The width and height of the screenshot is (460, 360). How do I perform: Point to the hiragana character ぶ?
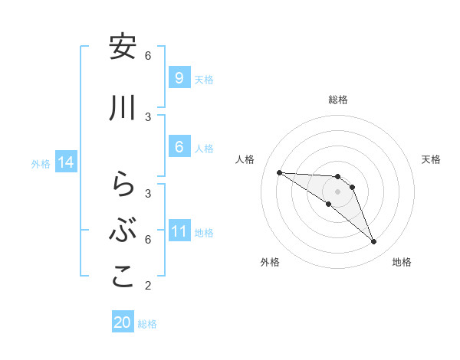coord(123,231)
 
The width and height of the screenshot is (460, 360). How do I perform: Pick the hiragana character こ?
coord(123,277)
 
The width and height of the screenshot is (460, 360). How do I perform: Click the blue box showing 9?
coord(179,77)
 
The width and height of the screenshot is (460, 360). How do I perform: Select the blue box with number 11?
coord(179,231)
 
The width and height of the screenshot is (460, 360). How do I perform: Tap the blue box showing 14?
coord(65,162)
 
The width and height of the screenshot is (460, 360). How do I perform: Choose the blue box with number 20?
coord(123,322)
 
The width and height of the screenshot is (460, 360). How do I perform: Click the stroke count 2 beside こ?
coord(147,286)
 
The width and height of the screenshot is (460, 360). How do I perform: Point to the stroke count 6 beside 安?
coord(148,55)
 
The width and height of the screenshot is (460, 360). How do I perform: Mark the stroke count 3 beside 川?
coord(148,116)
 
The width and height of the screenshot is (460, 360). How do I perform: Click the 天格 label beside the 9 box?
coord(204,79)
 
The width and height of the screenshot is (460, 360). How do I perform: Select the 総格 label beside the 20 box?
coord(148,324)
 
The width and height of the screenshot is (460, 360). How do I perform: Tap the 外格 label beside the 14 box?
coord(41,163)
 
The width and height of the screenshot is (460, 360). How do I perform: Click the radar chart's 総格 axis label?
coord(338,100)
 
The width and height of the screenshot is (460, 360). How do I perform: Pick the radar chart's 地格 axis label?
coord(402,262)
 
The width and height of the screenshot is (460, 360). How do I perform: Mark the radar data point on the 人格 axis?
coord(279,172)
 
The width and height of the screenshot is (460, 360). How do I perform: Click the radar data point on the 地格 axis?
coord(373,242)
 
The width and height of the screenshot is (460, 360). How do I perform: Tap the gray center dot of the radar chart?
coord(338,191)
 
